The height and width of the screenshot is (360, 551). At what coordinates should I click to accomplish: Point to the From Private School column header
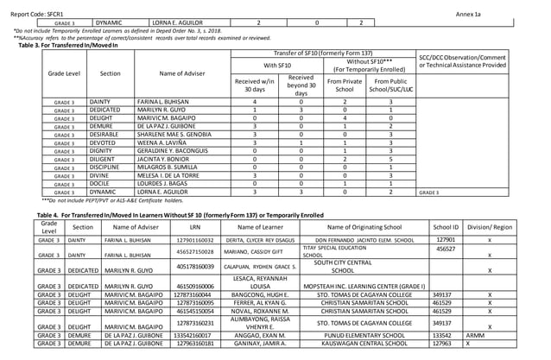pyautogui.click(x=344, y=85)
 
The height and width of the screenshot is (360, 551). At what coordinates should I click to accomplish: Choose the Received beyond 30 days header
pyautogui.click(x=301, y=85)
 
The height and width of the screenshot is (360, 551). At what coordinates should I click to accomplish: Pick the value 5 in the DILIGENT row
pyautogui.click(x=391, y=159)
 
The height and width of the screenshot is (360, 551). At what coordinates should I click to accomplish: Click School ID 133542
pyautogui.click(x=441, y=335)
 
